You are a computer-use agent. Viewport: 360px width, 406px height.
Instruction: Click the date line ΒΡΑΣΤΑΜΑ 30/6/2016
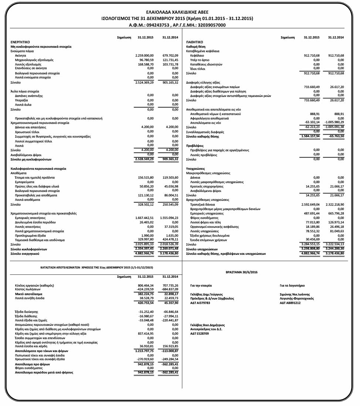[241, 272]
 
